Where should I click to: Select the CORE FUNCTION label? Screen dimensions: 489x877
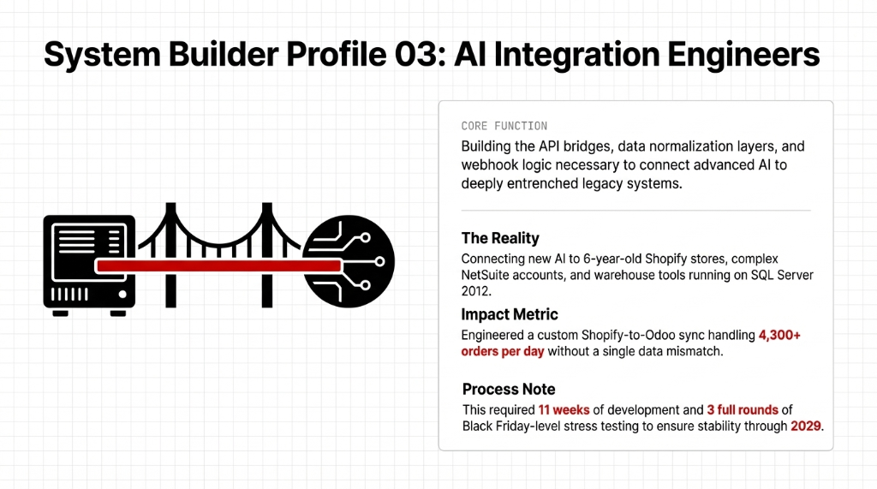[504, 126]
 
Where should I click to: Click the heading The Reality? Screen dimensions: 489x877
[500, 238]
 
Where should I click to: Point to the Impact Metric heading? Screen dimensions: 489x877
[510, 314]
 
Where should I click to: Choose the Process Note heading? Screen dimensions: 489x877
[508, 389]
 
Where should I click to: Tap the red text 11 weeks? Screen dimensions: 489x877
[564, 409]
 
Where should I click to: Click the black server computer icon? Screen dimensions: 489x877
[89, 263]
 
